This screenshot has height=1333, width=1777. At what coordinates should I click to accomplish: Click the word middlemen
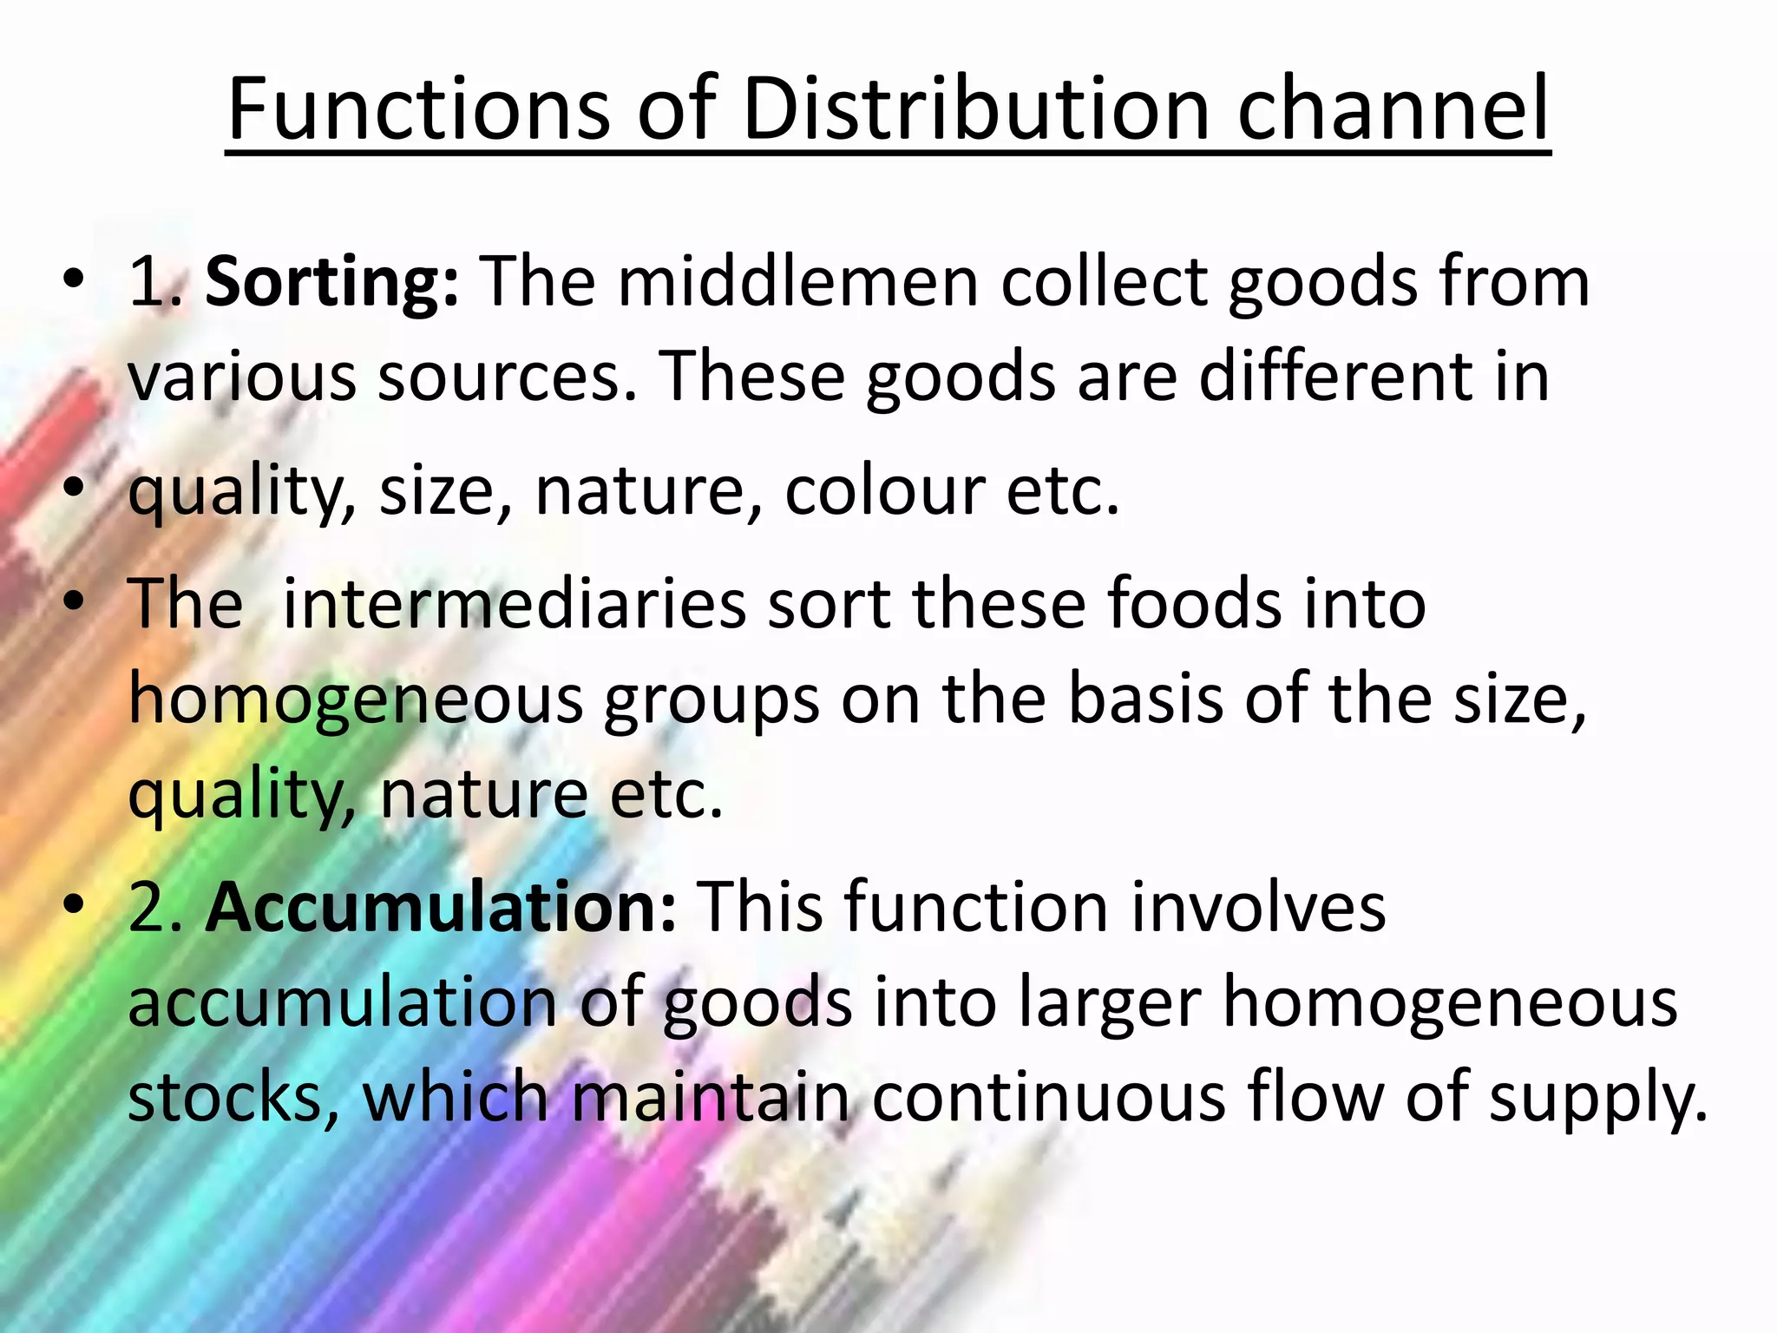coord(797,281)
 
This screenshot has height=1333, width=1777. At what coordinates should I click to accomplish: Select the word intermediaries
coord(515,602)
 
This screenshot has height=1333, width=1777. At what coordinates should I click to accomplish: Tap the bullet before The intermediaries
coord(75,600)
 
